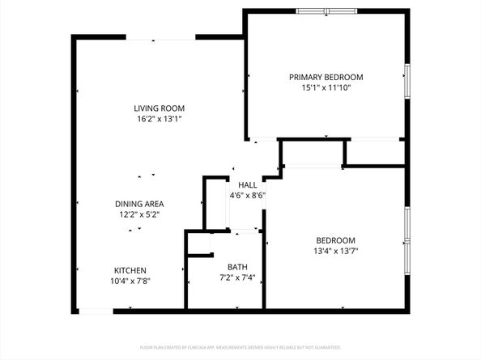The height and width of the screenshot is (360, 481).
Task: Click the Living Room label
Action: (160, 108)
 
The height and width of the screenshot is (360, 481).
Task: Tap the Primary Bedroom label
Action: (326, 78)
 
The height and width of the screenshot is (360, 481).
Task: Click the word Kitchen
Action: (130, 270)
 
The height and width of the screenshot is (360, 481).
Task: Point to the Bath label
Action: (237, 267)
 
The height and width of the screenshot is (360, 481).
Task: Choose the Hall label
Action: (247, 184)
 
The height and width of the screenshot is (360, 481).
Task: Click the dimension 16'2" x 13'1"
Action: (160, 119)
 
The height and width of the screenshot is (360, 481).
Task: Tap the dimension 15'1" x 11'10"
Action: (326, 89)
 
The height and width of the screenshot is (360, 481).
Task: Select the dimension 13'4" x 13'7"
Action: (336, 251)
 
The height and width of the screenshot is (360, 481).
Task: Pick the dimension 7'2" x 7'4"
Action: (237, 278)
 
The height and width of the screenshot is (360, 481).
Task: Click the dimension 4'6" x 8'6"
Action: (247, 195)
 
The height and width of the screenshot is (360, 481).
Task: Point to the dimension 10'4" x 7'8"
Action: (130, 282)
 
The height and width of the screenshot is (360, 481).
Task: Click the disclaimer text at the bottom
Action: (240, 347)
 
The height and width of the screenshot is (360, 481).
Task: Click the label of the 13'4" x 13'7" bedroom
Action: (336, 240)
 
